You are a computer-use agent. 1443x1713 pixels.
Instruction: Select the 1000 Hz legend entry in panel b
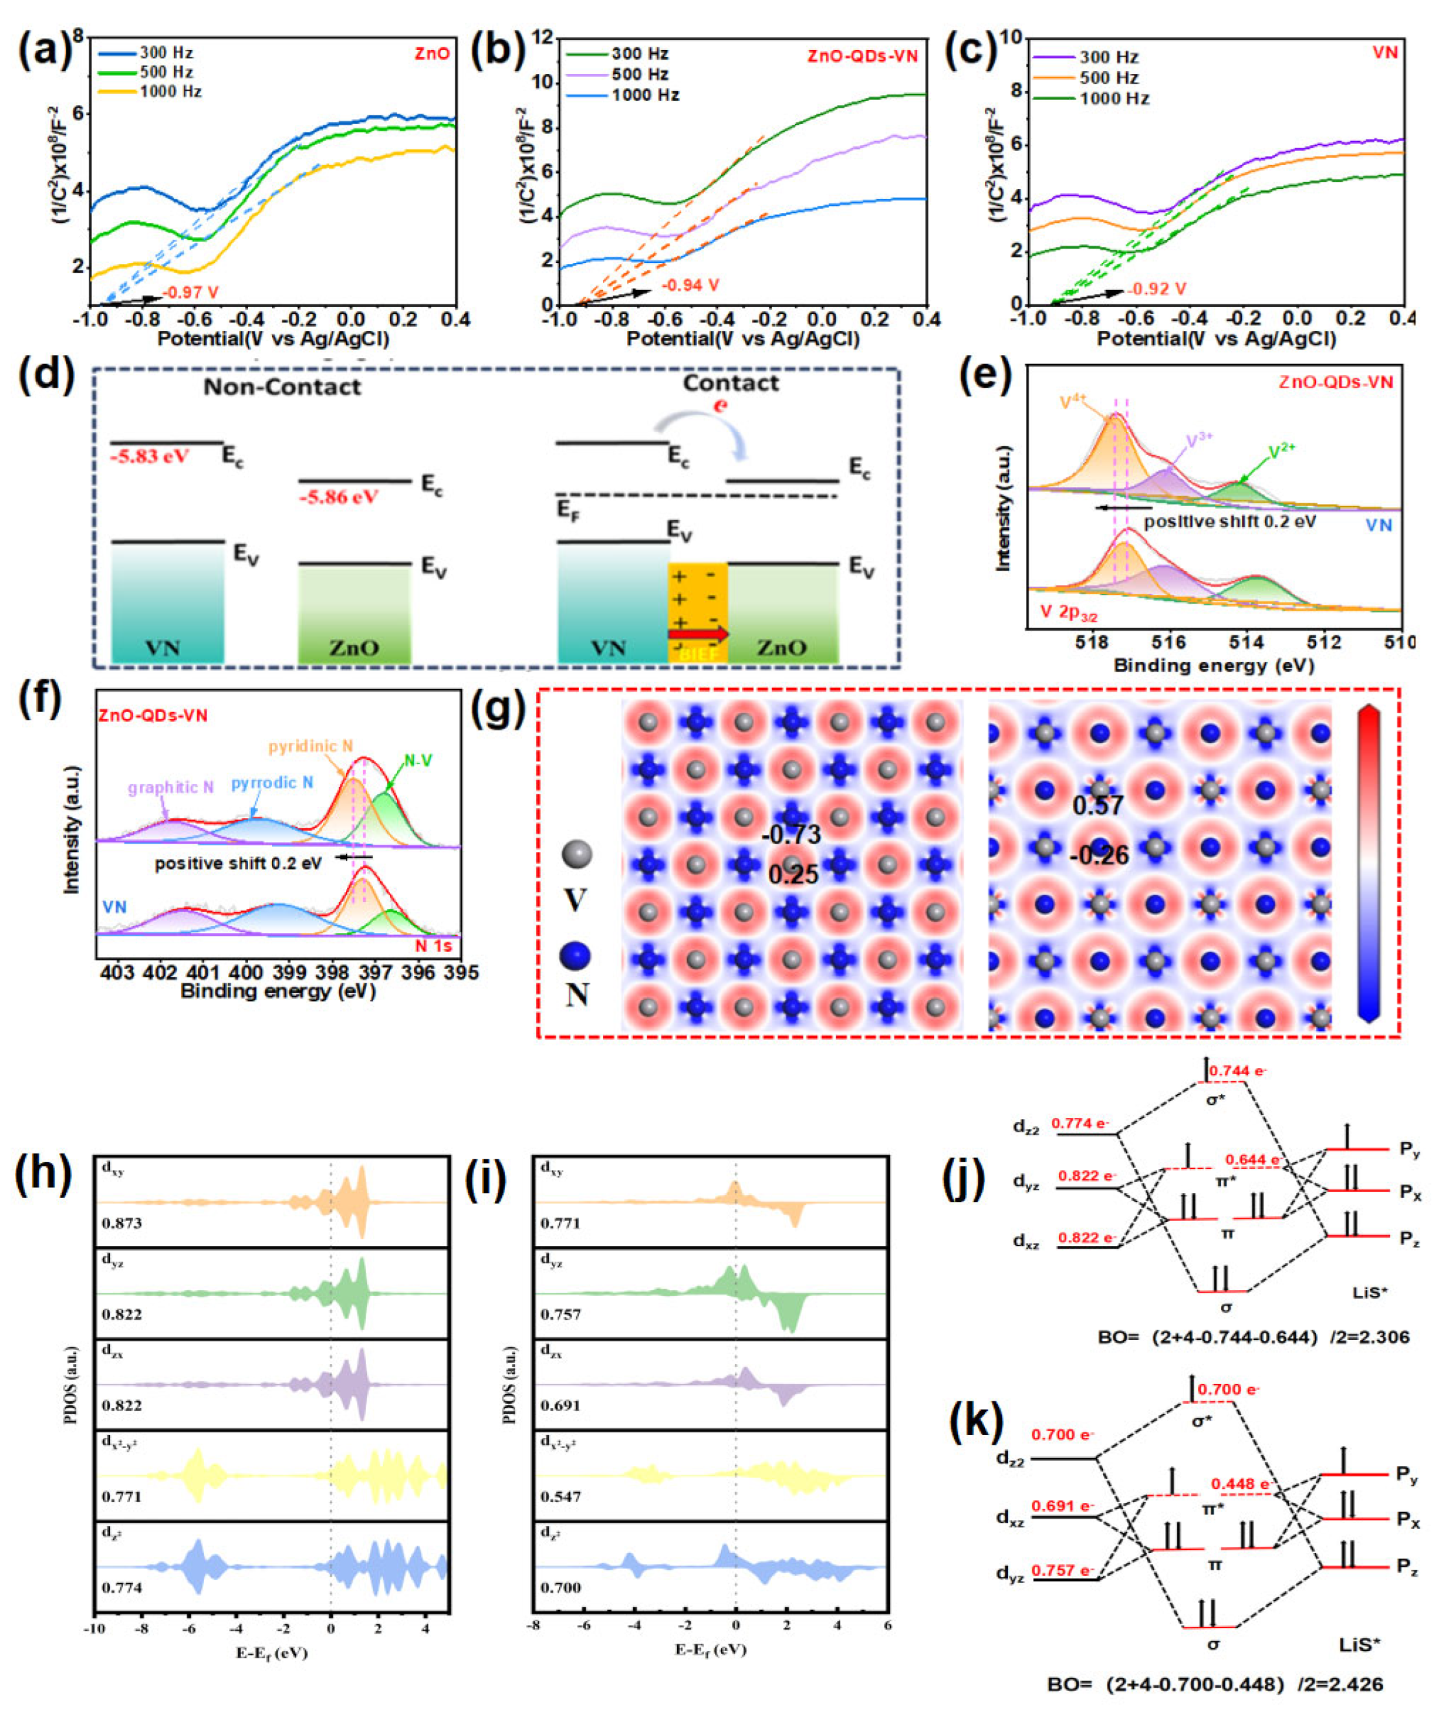646,96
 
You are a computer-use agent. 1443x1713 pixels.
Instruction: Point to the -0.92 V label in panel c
1157,289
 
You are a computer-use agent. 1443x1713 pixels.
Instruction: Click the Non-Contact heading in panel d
282,387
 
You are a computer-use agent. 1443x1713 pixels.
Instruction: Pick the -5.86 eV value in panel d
339,497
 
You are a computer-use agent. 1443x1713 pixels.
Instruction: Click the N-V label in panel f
418,761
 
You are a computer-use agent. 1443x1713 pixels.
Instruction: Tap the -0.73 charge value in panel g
790,835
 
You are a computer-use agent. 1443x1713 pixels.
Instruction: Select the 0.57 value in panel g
1098,806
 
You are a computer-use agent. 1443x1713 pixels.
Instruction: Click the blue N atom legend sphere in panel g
576,955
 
